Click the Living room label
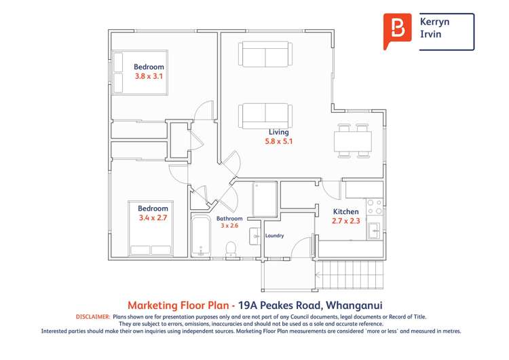[278, 132]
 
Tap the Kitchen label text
[345, 212]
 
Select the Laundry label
[274, 236]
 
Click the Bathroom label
[229, 219]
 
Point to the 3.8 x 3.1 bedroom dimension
[149, 77]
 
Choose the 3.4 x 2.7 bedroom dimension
[153, 218]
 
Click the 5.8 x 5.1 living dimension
[278, 142]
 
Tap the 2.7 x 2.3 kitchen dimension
[345, 221]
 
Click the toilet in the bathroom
[231, 248]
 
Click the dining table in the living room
[353, 141]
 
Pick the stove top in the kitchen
[374, 206]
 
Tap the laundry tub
[254, 236]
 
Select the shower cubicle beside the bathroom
[264, 199]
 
